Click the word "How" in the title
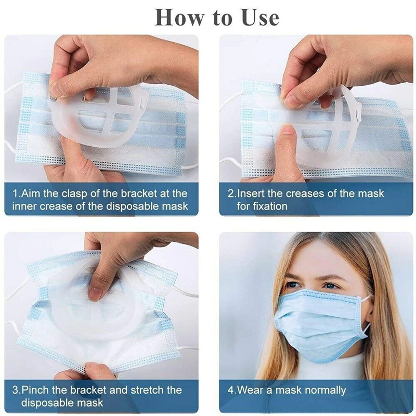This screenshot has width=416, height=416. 179,18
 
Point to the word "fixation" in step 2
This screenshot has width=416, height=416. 262,206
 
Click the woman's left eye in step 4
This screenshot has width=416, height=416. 331,287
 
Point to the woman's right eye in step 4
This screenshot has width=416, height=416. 293,284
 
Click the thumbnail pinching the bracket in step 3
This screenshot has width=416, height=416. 95,294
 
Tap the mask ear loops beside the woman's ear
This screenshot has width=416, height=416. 367,315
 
